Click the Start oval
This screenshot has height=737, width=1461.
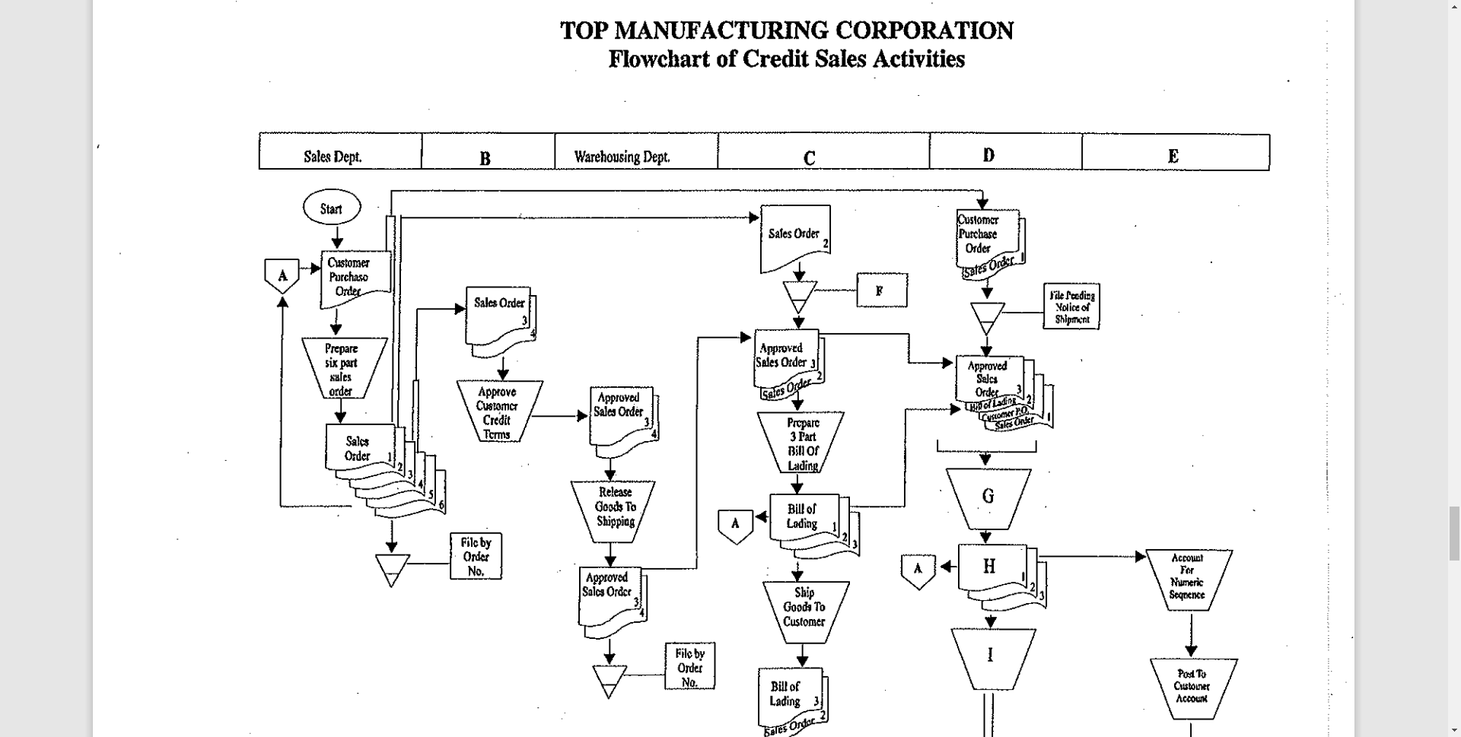[331, 208]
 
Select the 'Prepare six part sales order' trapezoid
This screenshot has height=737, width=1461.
[343, 369]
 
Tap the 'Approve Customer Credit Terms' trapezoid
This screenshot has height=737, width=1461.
[498, 411]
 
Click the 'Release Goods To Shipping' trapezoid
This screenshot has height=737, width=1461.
[614, 507]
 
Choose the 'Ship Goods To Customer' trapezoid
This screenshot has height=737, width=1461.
[804, 606]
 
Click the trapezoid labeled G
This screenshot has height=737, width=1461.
[988, 497]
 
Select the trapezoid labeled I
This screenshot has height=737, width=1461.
[991, 656]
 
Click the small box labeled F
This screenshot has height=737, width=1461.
[881, 291]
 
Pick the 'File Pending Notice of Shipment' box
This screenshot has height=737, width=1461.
[1071, 307]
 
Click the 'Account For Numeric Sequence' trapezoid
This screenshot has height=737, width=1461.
[1188, 577]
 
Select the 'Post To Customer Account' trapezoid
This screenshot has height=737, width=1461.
[1192, 686]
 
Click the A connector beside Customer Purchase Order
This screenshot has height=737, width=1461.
[282, 275]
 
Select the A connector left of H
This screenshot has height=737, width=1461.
[918, 570]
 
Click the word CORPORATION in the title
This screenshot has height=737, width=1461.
[924, 30]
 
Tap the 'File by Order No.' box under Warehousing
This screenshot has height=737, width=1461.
[689, 667]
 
